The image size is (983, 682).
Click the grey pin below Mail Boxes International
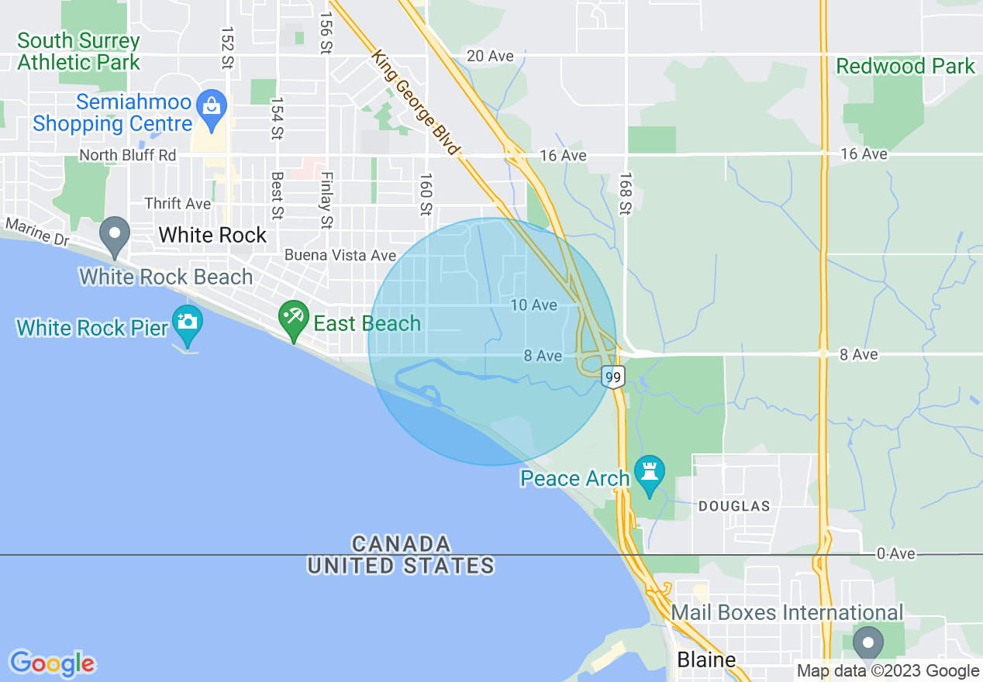867,643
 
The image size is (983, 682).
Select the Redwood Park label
905,67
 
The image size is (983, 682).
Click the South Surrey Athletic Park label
78,51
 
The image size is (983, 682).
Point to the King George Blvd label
416,102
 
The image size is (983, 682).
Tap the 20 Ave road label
490,56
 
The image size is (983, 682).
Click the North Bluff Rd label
128,155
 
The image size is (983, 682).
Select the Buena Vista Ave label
340,255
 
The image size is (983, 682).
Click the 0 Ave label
895,553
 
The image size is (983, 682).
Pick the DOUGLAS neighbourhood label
734,506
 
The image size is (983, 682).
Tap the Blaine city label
706,660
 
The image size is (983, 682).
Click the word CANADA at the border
401,542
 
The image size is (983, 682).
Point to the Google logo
52,663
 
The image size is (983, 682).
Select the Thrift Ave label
178,204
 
